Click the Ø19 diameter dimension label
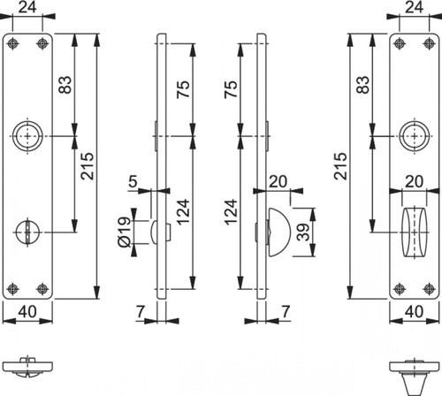pyautogui.click(x=125, y=232)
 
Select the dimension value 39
pyautogui.click(x=303, y=232)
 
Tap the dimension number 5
pyautogui.click(x=133, y=181)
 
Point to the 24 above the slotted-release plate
pyautogui.click(x=27, y=7)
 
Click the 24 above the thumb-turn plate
pyautogui.click(x=414, y=7)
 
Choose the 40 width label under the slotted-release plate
pyautogui.click(x=27, y=311)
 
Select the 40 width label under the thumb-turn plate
pyautogui.click(x=414, y=311)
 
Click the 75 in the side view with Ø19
pyautogui.click(x=183, y=89)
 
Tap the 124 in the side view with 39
pyautogui.click(x=231, y=212)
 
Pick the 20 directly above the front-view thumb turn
pyautogui.click(x=414, y=181)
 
